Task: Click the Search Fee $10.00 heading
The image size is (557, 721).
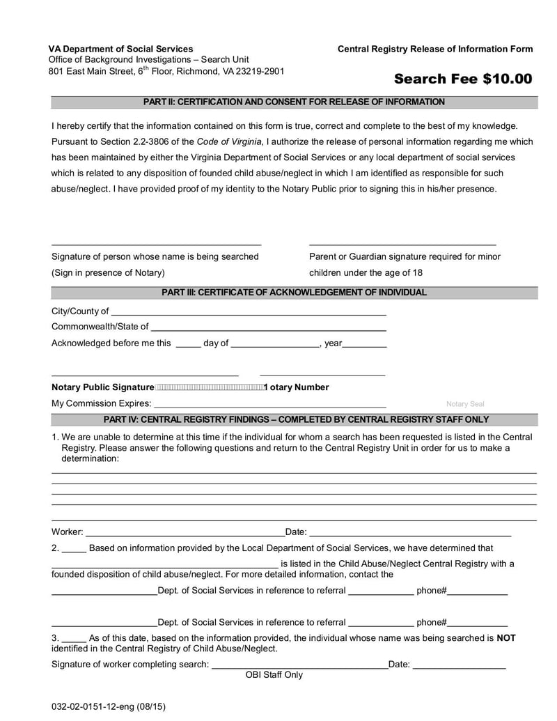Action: (x=462, y=79)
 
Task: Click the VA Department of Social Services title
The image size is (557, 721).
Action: (x=120, y=49)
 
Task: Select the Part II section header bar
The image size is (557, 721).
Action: (x=294, y=102)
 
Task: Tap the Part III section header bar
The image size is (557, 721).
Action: (x=294, y=293)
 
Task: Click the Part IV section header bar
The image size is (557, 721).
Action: (x=294, y=419)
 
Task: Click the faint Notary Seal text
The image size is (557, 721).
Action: (x=464, y=404)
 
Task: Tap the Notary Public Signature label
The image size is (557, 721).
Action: (x=102, y=387)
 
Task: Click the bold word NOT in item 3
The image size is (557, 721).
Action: (x=505, y=638)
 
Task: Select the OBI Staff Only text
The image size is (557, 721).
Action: (x=274, y=675)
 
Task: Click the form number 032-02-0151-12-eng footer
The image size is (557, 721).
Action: (x=108, y=706)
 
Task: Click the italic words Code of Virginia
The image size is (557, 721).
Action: (x=229, y=141)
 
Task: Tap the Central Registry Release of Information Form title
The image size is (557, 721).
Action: (x=435, y=49)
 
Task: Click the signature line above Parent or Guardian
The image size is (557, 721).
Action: (x=402, y=244)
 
